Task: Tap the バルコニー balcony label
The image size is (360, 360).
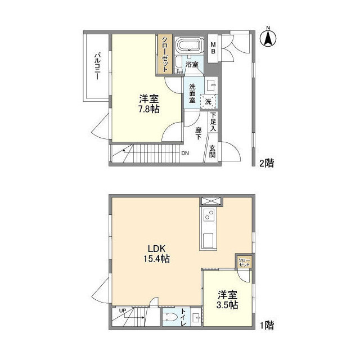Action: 97,66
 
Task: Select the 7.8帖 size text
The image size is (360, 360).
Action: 148,109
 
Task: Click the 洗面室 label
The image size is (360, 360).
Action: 192,93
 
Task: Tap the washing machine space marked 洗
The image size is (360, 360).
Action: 208,101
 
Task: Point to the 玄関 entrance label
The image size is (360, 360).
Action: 213,152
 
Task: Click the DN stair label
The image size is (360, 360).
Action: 184,153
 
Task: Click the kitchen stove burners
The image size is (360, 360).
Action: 207,215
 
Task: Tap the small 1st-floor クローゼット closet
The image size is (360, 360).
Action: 244,262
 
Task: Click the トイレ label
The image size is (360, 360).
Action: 183,319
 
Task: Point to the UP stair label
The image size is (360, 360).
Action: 123,310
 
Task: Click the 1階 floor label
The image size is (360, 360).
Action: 266,325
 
